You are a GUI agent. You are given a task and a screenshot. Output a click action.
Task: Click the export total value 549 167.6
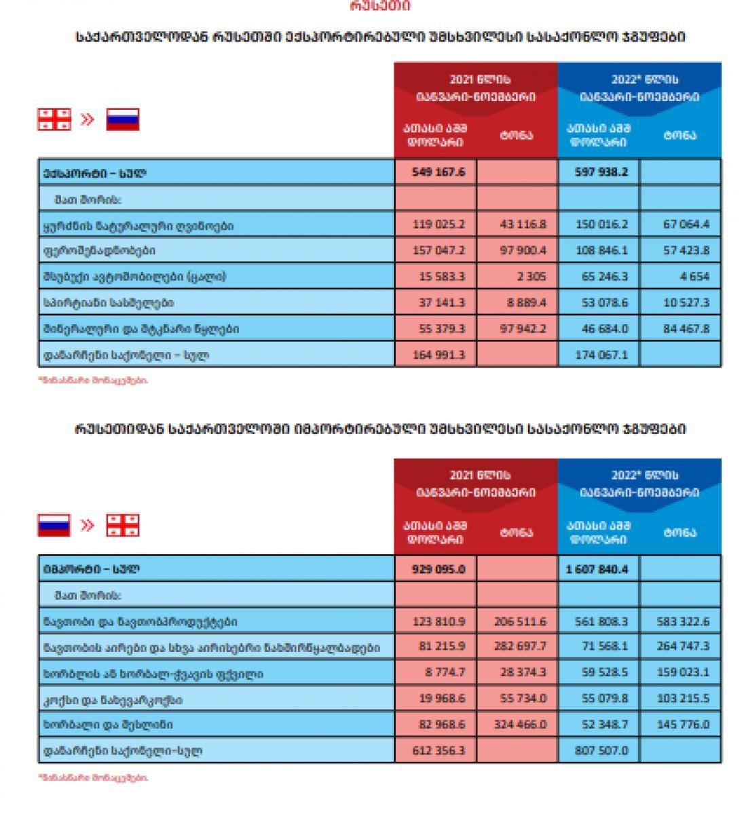438,172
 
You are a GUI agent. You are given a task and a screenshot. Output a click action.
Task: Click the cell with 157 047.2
438,250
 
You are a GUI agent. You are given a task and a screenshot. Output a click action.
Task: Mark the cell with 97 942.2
519,329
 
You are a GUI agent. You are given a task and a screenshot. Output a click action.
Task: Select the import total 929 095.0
438,569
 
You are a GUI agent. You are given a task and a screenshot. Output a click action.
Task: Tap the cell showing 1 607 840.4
597,569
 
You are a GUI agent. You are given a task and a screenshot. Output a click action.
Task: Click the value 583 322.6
683,621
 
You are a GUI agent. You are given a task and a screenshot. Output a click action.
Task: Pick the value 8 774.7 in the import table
441,674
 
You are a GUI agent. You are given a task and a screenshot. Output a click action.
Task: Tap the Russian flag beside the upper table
122,119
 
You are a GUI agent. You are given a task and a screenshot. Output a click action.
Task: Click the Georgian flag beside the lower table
123,526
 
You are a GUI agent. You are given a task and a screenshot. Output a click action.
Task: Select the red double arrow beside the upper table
88,119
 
